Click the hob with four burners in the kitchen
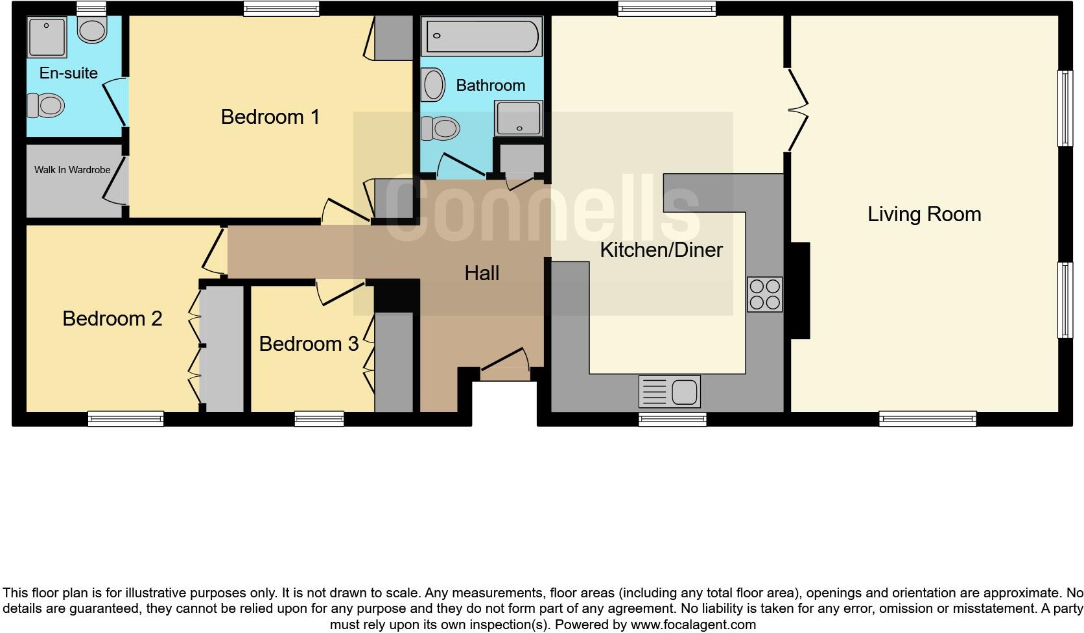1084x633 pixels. click(764, 294)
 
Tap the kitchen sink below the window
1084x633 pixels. click(669, 392)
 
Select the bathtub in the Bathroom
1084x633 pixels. click(480, 36)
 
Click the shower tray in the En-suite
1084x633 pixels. click(47, 38)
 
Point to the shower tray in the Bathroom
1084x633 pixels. click(519, 118)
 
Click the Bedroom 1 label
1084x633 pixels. click(270, 117)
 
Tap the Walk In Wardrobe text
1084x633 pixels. click(72, 170)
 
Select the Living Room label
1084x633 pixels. click(924, 215)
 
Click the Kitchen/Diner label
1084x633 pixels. click(661, 250)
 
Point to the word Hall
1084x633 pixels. click(482, 273)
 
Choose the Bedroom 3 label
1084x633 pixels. click(309, 344)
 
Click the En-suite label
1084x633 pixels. click(68, 73)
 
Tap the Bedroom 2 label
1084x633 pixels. click(112, 318)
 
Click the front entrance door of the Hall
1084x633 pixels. click(505, 366)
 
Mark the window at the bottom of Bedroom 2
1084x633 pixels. click(126, 419)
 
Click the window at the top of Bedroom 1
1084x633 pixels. click(281, 8)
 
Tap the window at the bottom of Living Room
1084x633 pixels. click(927, 419)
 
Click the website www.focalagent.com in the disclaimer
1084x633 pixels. click(692, 625)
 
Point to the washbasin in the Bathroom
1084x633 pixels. click(433, 85)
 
